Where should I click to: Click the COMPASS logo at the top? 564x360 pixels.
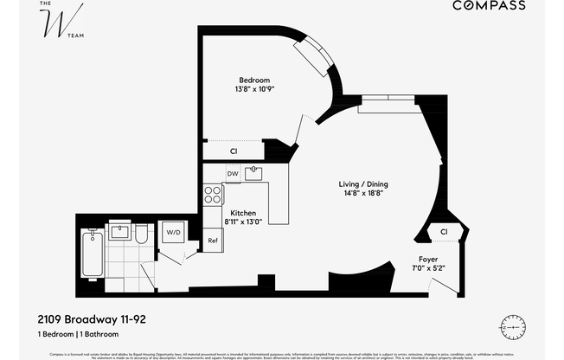click(x=489, y=6)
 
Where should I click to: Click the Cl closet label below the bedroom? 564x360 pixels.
click(x=234, y=151)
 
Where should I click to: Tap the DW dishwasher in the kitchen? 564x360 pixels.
click(x=233, y=174)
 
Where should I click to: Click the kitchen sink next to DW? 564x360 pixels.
click(x=253, y=173)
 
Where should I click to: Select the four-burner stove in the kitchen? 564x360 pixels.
click(x=211, y=194)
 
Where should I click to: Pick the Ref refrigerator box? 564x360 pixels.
click(x=212, y=241)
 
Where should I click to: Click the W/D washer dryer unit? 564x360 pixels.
click(x=174, y=232)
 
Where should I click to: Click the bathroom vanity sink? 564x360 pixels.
click(x=141, y=233)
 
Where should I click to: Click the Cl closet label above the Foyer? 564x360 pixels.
click(x=443, y=231)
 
